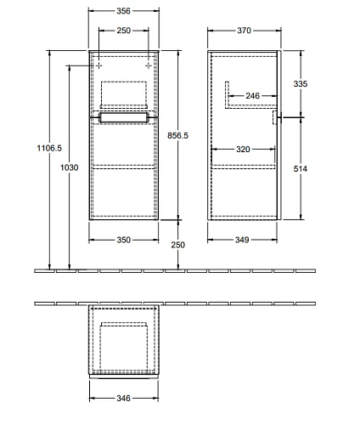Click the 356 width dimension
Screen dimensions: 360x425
pos(123,11)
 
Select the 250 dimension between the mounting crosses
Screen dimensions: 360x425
pos(124,31)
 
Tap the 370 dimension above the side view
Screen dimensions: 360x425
pos(244,31)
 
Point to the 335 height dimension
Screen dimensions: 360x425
pos(301,84)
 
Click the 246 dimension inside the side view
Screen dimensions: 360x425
pos(252,96)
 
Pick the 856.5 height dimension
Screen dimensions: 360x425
pos(177,136)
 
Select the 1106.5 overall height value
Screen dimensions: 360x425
pos(49,148)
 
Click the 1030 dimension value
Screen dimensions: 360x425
pos(70,167)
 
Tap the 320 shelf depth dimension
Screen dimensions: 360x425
pos(243,150)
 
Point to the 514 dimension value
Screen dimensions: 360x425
pos(301,169)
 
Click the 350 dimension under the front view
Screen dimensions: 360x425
pos(124,240)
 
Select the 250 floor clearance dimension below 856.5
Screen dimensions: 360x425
pos(177,245)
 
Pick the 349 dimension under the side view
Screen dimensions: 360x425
pos(242,240)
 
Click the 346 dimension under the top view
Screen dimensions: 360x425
pos(123,399)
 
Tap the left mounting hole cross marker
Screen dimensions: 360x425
pos(98,65)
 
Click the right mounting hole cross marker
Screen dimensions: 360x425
pos(149,65)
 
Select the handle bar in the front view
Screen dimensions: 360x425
pos(123,117)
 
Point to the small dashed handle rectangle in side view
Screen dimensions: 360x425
pos(274,117)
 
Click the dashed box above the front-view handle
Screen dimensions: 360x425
pos(124,93)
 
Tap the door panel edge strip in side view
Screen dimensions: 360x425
pos(279,135)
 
